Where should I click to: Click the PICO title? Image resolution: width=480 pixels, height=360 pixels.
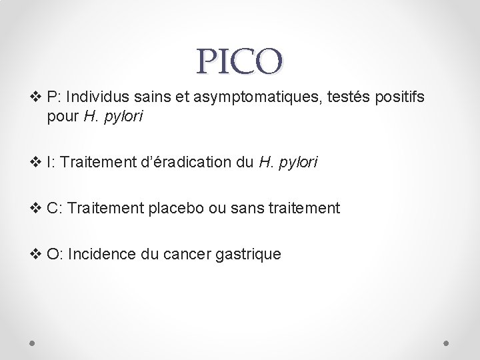240,61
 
